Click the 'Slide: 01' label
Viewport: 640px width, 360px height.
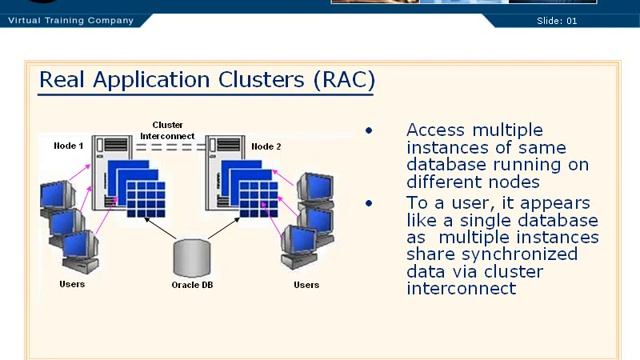coord(557,20)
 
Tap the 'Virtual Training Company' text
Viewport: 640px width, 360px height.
coord(70,20)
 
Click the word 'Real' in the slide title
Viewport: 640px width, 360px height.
coord(63,80)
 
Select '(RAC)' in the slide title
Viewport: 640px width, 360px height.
coord(343,80)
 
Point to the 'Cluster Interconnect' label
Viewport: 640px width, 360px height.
coord(161,130)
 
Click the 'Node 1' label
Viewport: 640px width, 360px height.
coord(68,147)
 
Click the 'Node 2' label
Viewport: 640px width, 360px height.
coord(266,147)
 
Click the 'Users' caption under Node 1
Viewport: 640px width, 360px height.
coord(72,285)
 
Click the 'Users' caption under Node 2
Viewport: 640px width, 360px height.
coord(306,285)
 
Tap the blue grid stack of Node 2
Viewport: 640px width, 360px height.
coord(246,185)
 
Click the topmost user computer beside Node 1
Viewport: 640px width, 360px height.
coord(56,195)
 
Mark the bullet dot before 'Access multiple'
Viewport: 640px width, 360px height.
coord(369,131)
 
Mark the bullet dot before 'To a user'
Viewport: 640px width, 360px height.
coord(369,203)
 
